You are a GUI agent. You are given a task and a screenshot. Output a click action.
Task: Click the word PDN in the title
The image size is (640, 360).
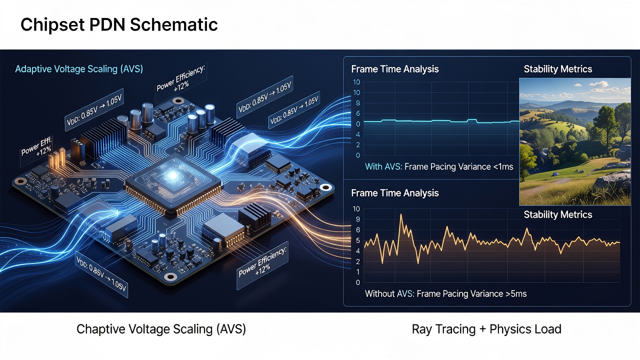[x=107, y=24]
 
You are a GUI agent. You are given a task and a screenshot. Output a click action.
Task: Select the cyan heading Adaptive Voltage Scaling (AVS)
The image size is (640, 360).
[x=79, y=69]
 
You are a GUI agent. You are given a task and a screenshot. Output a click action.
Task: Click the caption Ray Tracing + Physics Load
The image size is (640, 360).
[x=486, y=329]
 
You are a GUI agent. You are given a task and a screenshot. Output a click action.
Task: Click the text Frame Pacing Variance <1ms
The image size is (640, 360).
[x=459, y=166]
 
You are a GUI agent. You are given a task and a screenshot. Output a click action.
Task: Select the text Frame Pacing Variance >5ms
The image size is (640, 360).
[x=471, y=293]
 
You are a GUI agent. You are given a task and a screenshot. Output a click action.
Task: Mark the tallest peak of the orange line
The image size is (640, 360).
[x=401, y=214]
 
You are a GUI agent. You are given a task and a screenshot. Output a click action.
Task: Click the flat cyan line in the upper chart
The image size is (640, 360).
[x=441, y=121]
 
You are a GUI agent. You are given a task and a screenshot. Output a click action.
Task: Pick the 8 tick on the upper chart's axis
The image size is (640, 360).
[x=357, y=103]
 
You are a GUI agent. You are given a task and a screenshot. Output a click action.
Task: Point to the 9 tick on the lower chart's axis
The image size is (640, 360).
[x=357, y=219]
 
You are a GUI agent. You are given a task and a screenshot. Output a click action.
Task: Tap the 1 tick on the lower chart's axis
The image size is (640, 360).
[x=357, y=272]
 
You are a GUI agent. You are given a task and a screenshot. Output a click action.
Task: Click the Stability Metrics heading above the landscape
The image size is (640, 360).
[x=557, y=69]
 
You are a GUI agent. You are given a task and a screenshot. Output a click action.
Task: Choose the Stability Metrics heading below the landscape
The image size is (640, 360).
[x=557, y=214]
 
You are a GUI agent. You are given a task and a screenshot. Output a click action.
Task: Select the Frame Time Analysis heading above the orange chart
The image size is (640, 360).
[x=395, y=193]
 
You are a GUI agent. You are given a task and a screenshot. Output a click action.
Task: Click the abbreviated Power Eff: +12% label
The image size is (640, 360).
[x=37, y=147]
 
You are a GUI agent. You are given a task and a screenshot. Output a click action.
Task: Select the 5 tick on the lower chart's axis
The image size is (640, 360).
[x=357, y=240]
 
